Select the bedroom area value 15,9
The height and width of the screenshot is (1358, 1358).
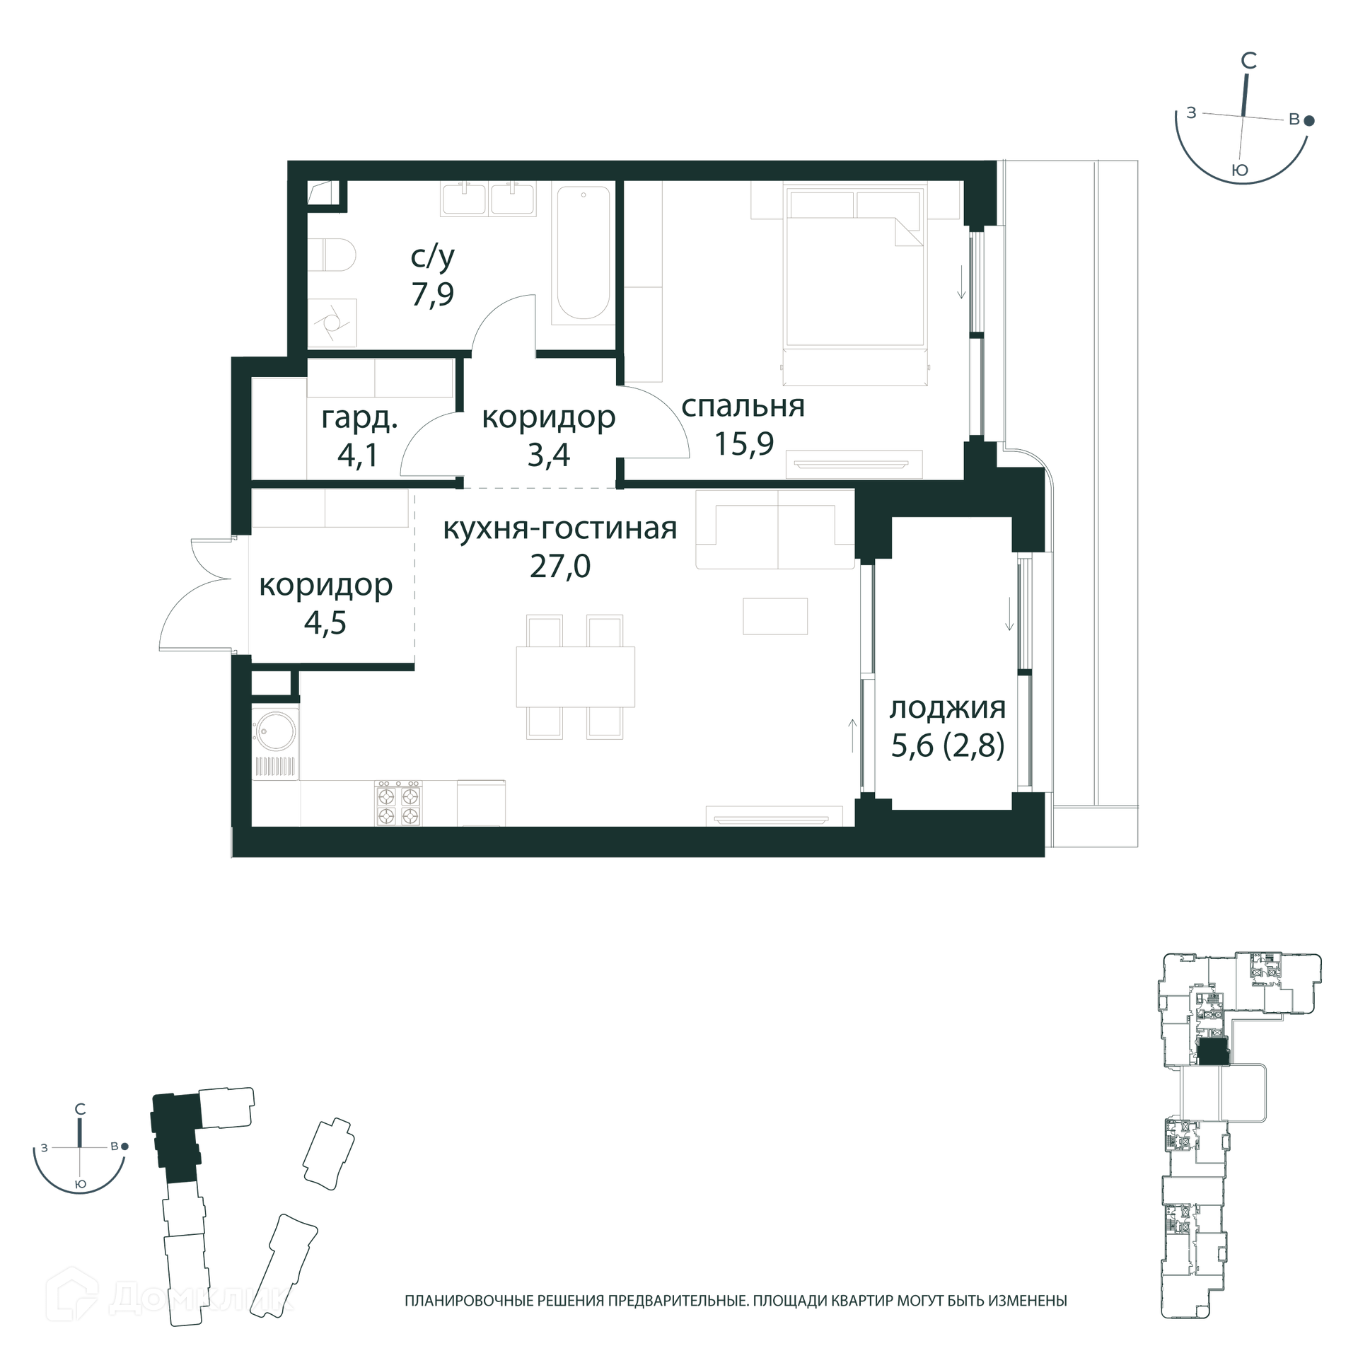click(x=743, y=443)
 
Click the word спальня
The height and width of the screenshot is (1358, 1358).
click(x=743, y=407)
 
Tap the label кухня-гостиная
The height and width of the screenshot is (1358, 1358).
click(x=560, y=528)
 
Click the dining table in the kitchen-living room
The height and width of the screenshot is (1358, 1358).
click(x=575, y=676)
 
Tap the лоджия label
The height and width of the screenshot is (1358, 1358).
click(x=948, y=708)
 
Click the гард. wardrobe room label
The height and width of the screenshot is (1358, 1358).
click(x=359, y=419)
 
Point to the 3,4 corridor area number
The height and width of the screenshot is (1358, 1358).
click(x=548, y=455)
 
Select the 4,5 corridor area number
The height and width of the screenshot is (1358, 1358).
click(x=325, y=623)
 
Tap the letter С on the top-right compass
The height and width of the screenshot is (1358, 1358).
click(x=1249, y=61)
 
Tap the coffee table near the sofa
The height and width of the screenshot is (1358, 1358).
click(x=775, y=615)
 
